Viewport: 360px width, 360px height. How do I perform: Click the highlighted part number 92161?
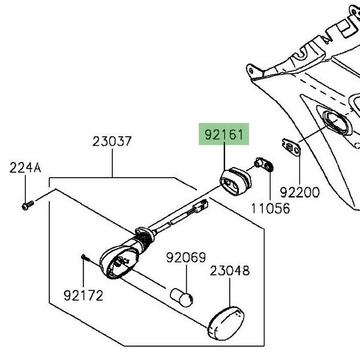click(x=224, y=134)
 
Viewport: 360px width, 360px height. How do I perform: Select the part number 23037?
click(x=112, y=141)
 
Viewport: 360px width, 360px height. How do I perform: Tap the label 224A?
click(x=25, y=167)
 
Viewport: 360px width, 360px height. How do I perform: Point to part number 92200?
click(x=299, y=193)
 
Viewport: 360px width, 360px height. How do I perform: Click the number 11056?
click(x=271, y=208)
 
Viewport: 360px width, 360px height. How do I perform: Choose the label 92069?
click(x=186, y=257)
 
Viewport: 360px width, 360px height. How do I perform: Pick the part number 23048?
click(x=230, y=271)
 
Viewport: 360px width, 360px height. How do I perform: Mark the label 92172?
click(x=83, y=295)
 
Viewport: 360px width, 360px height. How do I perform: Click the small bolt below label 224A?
click(x=28, y=205)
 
